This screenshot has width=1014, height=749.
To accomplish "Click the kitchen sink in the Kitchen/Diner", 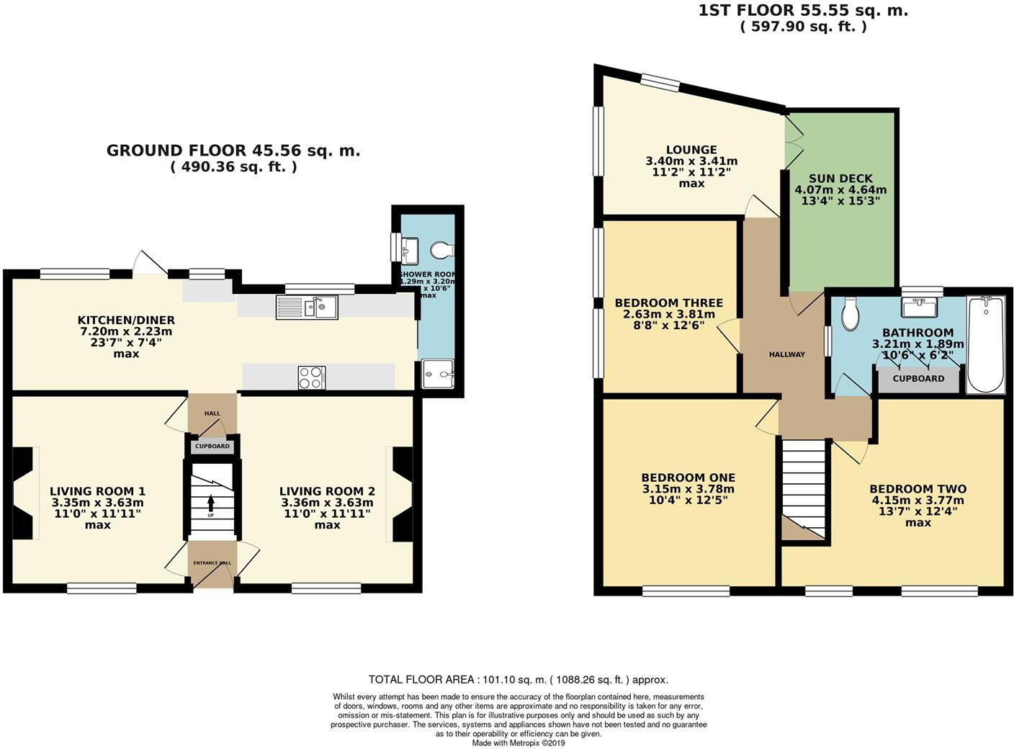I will [307, 308].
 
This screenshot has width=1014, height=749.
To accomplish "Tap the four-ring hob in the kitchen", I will [311, 377].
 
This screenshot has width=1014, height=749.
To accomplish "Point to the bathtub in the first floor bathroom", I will [986, 345].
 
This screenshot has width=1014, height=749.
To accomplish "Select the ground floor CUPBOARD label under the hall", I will [212, 447].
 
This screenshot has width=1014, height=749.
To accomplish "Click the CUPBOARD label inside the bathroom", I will [918, 378].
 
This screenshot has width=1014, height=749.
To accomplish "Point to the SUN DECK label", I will [840, 178].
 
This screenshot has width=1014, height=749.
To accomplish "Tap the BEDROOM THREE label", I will [668, 302].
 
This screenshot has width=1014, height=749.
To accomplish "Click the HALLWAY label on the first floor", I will [786, 354].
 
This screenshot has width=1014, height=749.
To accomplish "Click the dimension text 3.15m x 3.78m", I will [688, 489].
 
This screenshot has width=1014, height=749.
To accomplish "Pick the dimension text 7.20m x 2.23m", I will [126, 331].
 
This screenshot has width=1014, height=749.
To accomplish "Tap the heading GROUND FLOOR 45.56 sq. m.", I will [233, 151].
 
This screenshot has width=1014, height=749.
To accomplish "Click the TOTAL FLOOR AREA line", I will [518, 679].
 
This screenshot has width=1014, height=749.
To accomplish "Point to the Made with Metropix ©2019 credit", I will [519, 743].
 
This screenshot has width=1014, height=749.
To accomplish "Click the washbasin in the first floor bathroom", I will [918, 308].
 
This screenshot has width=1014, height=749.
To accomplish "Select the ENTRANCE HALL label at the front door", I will [211, 562].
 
